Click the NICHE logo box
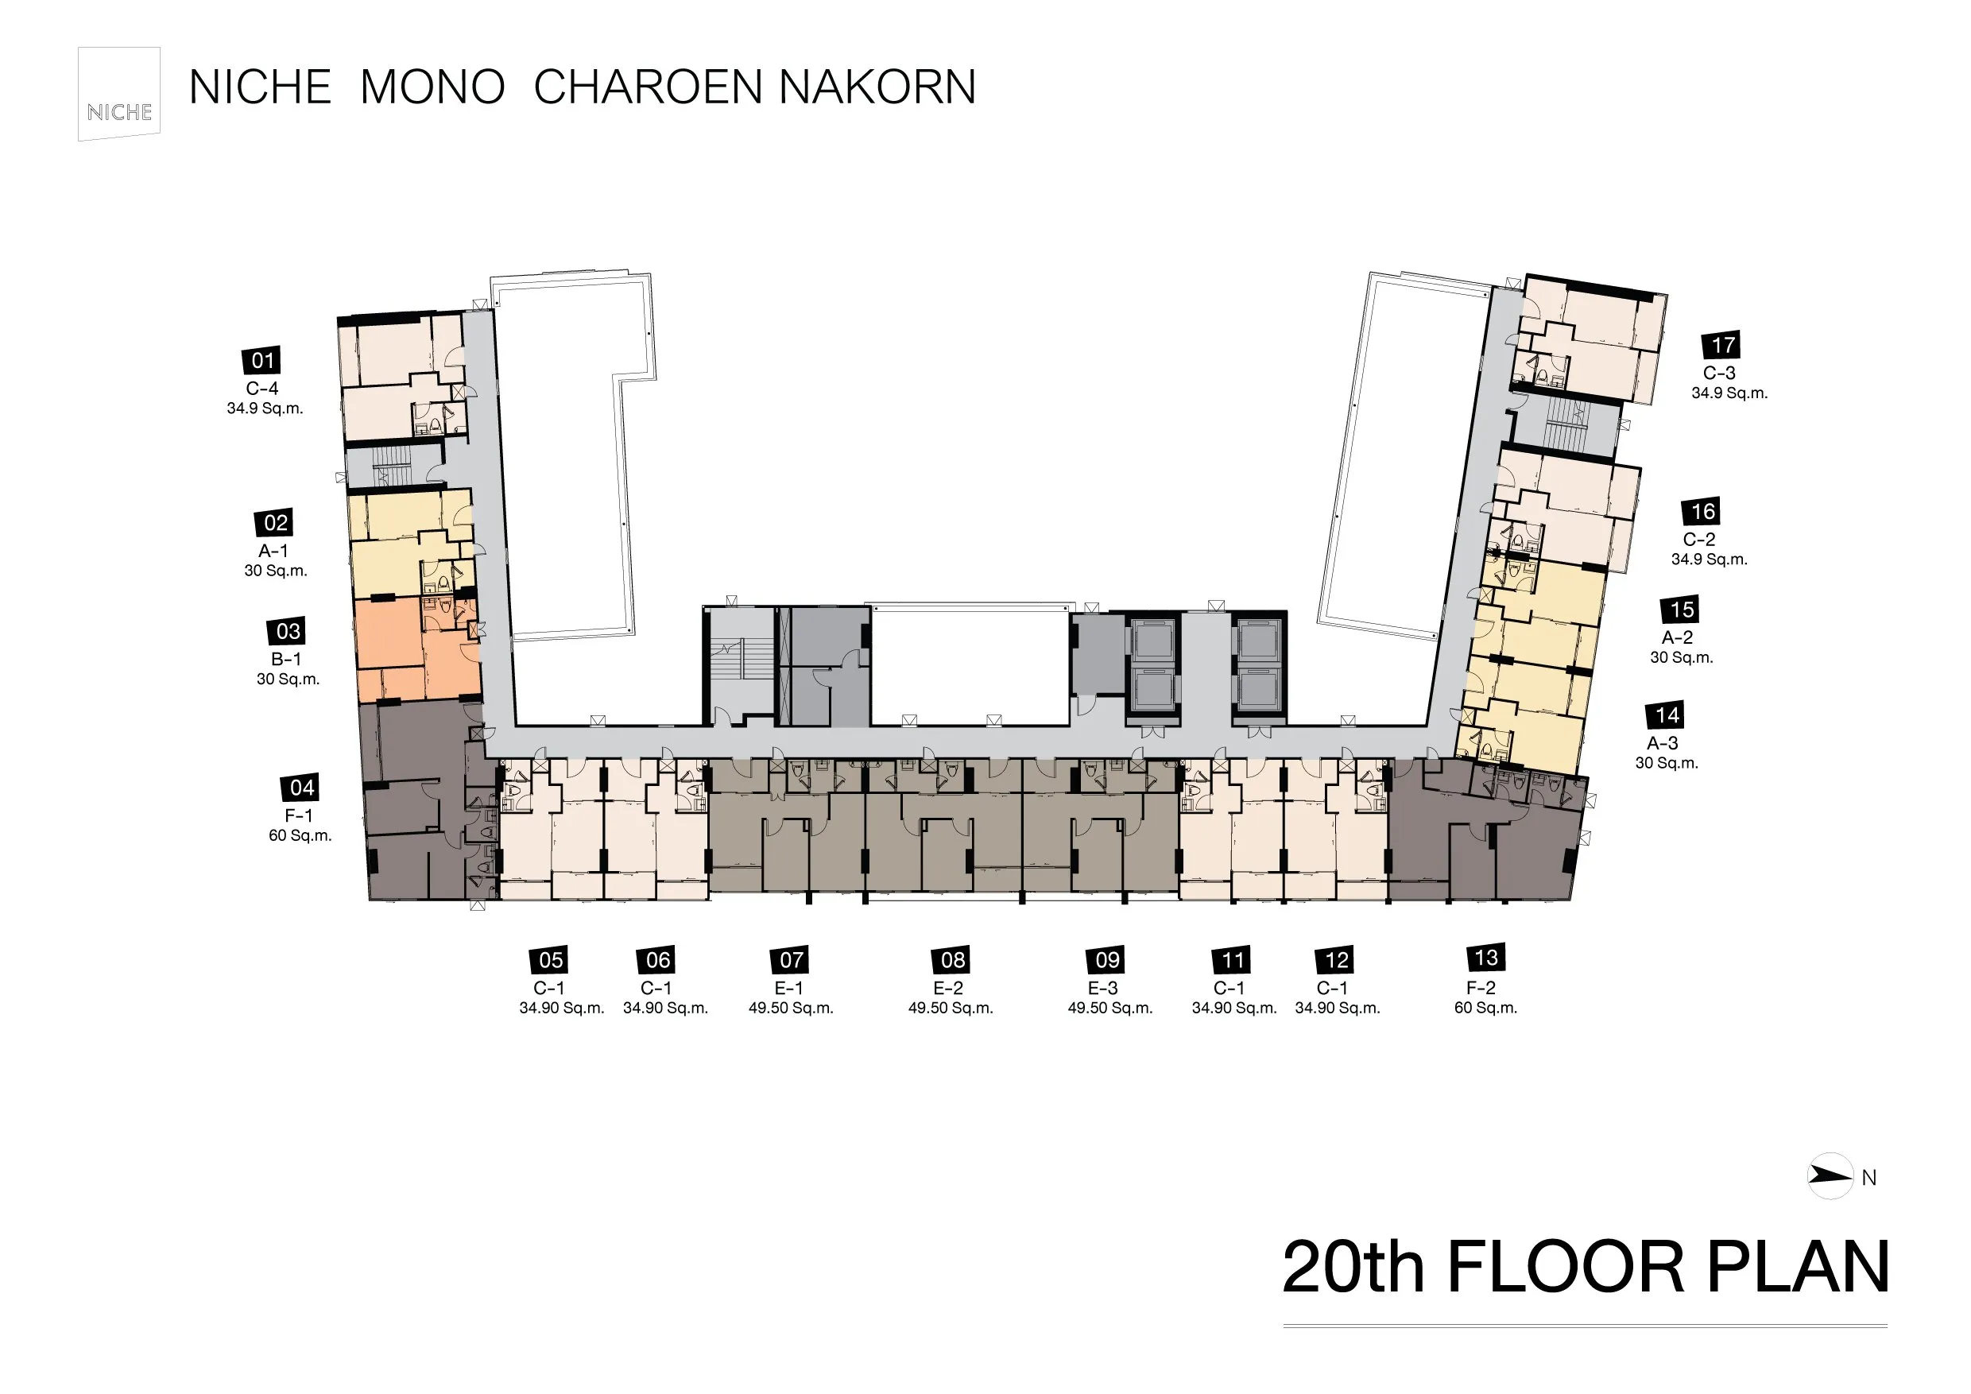pyautogui.click(x=119, y=94)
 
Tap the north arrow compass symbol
pyautogui.click(x=1830, y=1176)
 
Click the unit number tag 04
pyautogui.click(x=300, y=787)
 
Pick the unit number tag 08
pyautogui.click(x=952, y=959)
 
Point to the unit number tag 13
pyautogui.click(x=1486, y=958)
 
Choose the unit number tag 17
pyautogui.click(x=1721, y=345)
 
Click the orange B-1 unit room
pyautogui.click(x=417, y=649)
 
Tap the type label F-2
pyautogui.click(x=1482, y=988)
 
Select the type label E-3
pyautogui.click(x=1103, y=988)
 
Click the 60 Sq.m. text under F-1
pyautogui.click(x=300, y=836)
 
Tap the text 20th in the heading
pyautogui.click(x=1353, y=1266)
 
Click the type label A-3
pyautogui.click(x=1662, y=743)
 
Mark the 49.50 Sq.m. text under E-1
pyautogui.click(x=791, y=1009)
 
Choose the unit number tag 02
pyautogui.click(x=275, y=523)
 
